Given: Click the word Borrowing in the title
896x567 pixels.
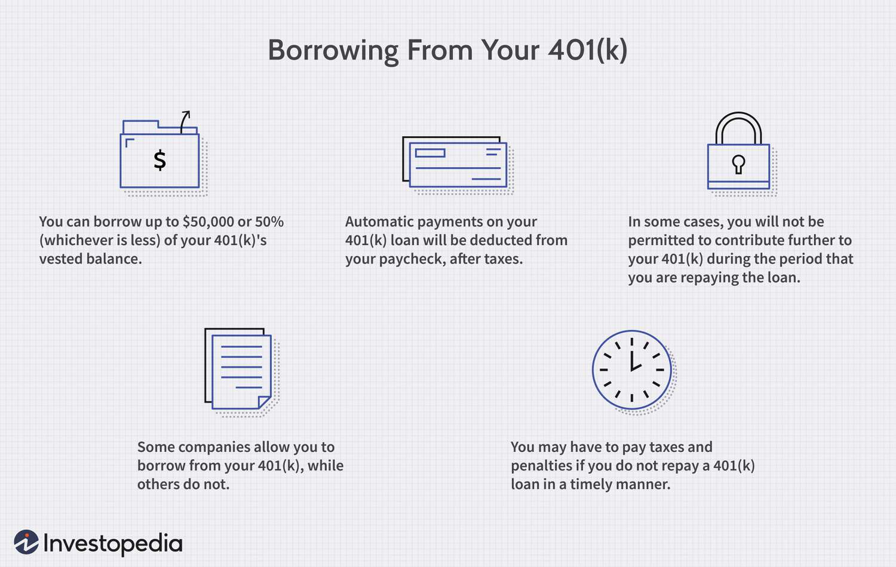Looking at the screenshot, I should pos(332,51).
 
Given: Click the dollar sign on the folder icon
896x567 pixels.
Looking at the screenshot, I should pos(159,161).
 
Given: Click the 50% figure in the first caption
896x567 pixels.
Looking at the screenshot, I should pos(269,222).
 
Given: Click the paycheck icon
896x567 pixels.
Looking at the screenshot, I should pos(456,162).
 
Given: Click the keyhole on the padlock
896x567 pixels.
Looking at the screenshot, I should pos(738,164).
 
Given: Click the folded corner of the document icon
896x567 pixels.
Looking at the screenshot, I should pos(265,402).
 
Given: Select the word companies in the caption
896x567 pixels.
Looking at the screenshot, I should pos(205,448).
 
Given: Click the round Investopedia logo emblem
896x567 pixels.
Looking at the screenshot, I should pos(26,542).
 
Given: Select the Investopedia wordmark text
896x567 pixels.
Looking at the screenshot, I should pos(112,544).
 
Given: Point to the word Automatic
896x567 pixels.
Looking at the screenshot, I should pos(377,222).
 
